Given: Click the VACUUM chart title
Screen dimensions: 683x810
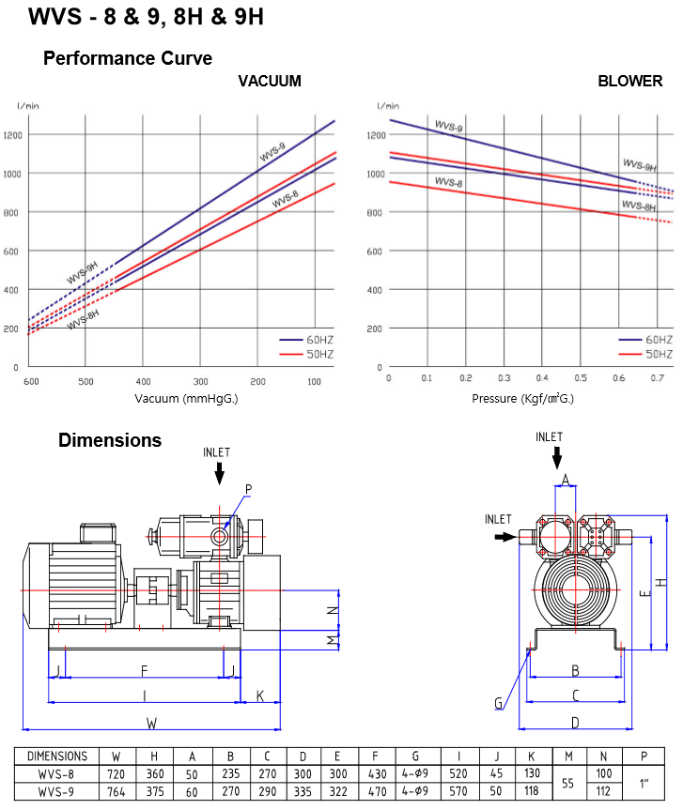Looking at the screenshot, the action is tap(270, 81).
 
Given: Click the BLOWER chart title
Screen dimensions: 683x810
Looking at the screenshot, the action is tap(629, 81).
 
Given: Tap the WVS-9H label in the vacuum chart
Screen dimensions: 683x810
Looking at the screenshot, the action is tap(83, 273).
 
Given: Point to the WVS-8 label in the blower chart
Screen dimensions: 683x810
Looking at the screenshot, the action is tap(448, 182).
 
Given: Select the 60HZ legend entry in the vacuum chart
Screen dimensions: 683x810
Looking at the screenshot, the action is tap(306, 340).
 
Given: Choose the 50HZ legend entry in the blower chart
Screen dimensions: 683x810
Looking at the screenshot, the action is tap(645, 355).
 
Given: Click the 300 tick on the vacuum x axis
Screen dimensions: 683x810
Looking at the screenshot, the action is tap(201, 382).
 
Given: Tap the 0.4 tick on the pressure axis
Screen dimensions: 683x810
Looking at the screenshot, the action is tap(542, 378).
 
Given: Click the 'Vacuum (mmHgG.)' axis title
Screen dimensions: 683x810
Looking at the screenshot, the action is tap(186, 399).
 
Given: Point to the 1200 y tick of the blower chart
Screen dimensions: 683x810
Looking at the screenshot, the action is tap(376, 135).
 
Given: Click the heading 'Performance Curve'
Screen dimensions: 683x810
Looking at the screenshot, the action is tap(128, 58).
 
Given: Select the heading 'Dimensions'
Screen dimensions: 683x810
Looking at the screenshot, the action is tap(110, 440).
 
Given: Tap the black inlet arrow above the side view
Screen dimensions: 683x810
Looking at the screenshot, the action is tap(220, 473).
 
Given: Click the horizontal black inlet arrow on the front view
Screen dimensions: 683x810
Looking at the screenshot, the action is tap(505, 537).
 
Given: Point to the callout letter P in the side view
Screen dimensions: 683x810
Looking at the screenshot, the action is tap(249, 489).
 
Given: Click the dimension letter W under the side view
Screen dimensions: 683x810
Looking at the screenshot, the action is tap(151, 724).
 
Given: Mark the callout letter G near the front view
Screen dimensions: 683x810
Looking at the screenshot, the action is tap(499, 703).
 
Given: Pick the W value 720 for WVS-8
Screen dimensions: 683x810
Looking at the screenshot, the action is tap(116, 774).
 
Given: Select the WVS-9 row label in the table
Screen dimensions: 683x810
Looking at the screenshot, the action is tap(55, 791).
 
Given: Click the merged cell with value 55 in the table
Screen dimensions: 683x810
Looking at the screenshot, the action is tap(567, 783).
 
